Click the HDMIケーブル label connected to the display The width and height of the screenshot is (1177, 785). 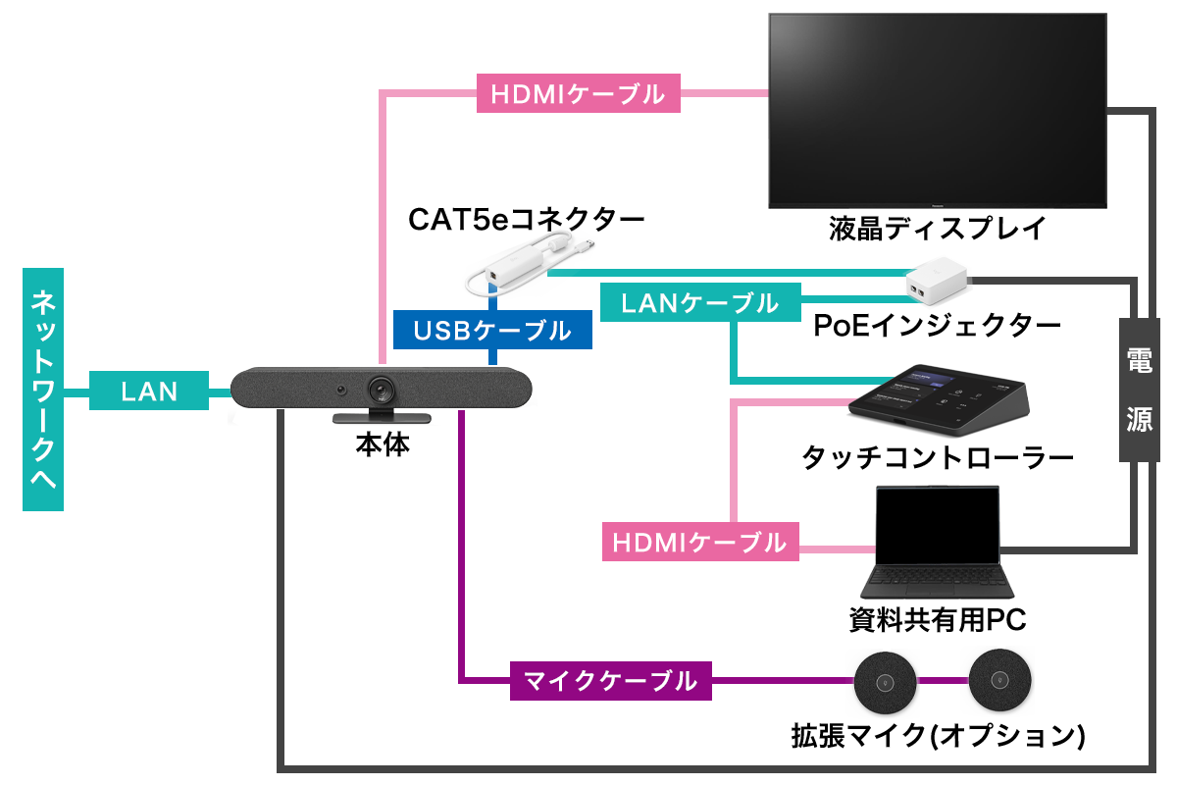pos(577,94)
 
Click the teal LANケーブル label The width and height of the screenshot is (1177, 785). pos(699,303)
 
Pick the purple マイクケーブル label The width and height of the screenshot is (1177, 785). pos(610,679)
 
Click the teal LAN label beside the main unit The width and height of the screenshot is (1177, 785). pos(149,392)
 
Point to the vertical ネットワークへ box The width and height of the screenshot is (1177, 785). pos(43,390)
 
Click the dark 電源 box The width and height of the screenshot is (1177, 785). pos(1139,390)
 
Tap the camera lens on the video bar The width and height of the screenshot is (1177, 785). pos(383,391)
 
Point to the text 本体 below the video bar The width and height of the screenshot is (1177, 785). pos(383,445)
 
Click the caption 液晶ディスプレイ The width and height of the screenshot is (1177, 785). pos(936,230)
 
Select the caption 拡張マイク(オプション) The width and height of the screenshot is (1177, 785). pos(938,734)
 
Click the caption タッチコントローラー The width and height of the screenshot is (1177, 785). pos(938,458)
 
